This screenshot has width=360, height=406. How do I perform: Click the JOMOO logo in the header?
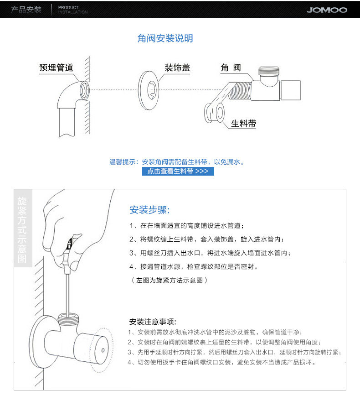click(326, 10)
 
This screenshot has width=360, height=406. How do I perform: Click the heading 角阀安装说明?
click(165, 38)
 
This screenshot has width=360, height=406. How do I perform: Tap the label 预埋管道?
click(56, 68)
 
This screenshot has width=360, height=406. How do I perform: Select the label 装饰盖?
click(177, 68)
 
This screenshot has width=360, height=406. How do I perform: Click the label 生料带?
click(243, 124)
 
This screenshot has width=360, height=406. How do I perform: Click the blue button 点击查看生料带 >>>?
click(178, 171)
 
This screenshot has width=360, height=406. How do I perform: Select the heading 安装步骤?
click(149, 210)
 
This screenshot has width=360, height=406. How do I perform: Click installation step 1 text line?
click(186, 226)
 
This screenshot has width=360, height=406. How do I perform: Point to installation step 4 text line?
click(196, 266)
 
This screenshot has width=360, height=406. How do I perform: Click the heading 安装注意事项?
click(153, 322)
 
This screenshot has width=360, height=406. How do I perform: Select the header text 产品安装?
click(26, 10)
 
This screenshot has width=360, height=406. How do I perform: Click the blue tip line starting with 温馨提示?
click(177, 161)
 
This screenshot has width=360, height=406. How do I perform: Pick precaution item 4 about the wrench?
click(221, 362)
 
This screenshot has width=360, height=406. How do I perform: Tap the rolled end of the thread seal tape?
click(214, 112)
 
